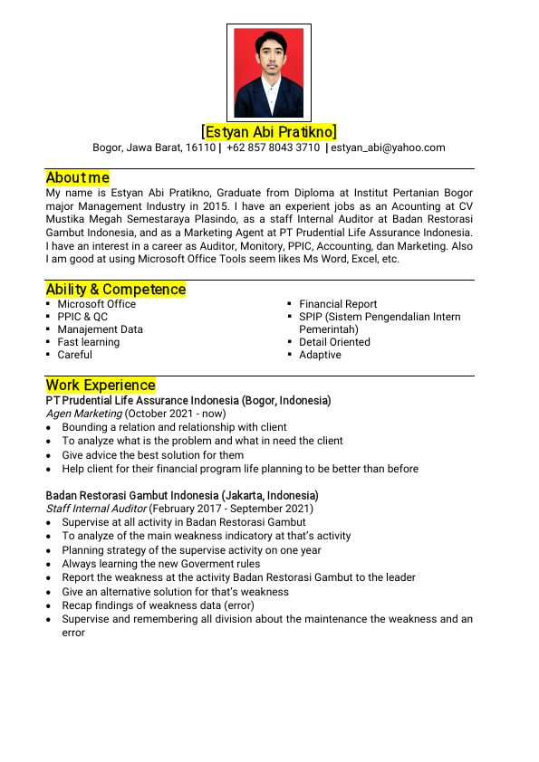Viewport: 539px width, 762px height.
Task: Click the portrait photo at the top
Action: click(269, 72)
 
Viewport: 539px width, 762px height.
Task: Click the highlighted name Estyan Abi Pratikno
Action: click(269, 132)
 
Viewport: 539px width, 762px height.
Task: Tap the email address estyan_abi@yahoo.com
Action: click(388, 148)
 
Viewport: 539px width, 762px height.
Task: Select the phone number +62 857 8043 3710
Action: click(273, 148)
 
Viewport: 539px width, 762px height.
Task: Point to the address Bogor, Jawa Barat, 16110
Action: click(154, 148)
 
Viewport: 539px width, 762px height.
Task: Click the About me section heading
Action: click(78, 177)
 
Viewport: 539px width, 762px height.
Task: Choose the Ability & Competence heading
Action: click(116, 290)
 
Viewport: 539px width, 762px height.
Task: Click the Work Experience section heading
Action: click(101, 385)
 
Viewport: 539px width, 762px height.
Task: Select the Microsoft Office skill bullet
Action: click(96, 304)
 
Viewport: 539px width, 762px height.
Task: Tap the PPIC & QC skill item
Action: click(82, 317)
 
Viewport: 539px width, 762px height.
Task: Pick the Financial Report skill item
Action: click(338, 304)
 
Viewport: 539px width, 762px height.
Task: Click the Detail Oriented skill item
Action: click(334, 342)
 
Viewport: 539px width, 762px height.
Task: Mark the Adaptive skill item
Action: click(320, 355)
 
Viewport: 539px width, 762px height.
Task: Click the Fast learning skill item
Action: click(88, 342)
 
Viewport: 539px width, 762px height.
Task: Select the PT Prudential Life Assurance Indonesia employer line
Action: click(188, 400)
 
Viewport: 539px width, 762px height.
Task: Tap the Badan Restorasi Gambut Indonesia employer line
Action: click(182, 496)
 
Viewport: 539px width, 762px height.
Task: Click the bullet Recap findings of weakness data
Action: click(158, 605)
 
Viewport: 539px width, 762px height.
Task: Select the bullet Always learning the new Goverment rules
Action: click(160, 564)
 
